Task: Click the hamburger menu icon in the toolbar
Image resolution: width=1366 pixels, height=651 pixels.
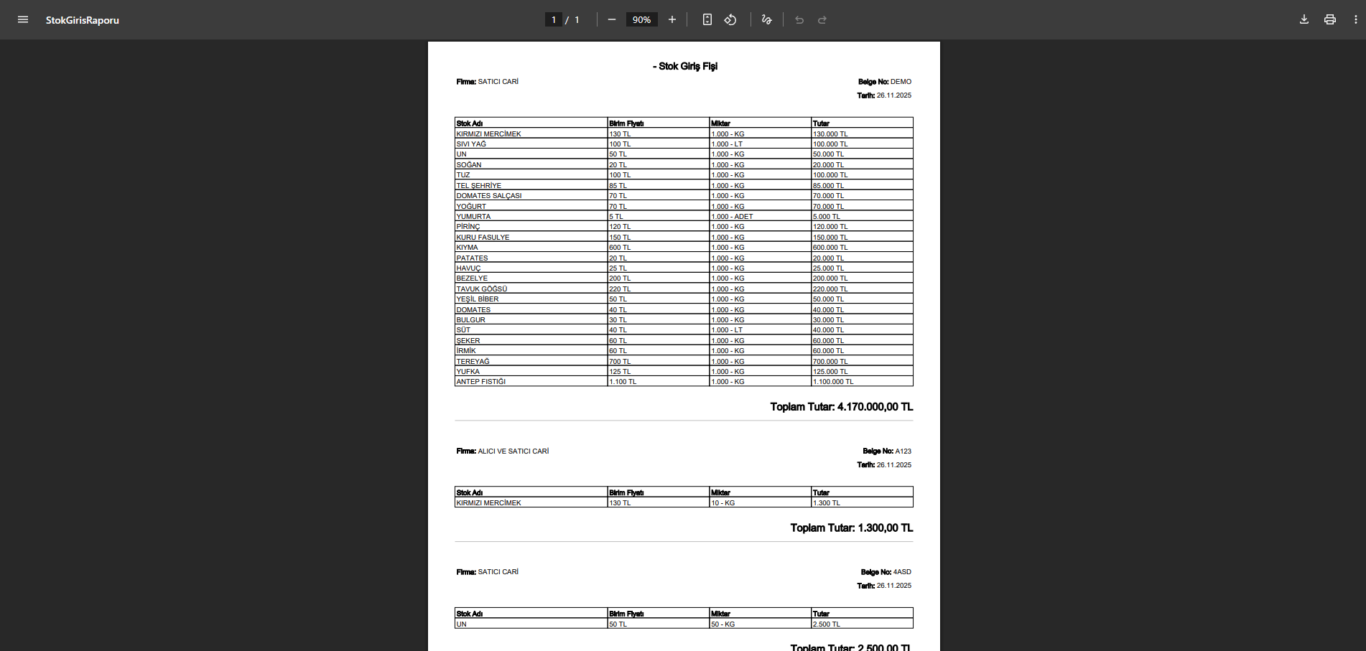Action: [23, 19]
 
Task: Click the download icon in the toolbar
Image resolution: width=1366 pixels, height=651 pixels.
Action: [1304, 19]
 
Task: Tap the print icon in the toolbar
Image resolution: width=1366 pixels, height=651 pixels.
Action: [1330, 19]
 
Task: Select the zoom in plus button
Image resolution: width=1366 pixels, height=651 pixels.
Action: [672, 19]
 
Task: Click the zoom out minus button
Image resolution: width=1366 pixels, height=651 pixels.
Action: [612, 19]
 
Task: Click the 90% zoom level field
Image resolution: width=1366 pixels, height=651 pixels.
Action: [641, 19]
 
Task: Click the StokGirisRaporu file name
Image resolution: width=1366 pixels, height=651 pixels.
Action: [83, 20]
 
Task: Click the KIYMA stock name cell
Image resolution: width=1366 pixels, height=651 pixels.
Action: [468, 248]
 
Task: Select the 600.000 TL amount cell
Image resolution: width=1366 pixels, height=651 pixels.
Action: [830, 248]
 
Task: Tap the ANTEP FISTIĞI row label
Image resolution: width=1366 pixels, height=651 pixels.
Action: [481, 382]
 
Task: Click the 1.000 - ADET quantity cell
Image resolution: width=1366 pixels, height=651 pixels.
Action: [732, 217]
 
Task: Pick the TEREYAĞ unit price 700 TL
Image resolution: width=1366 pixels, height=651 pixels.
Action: [621, 362]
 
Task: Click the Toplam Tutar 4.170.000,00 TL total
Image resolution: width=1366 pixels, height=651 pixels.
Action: [841, 407]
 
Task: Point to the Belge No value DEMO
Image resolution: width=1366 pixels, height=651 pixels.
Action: [901, 82]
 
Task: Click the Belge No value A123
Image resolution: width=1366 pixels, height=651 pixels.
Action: [903, 451]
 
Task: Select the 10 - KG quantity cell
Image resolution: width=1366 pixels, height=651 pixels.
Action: [723, 503]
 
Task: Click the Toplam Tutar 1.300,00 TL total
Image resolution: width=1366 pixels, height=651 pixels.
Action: [851, 528]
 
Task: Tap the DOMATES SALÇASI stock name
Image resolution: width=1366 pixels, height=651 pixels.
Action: [489, 196]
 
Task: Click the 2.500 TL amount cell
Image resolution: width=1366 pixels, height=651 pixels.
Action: [827, 624]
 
